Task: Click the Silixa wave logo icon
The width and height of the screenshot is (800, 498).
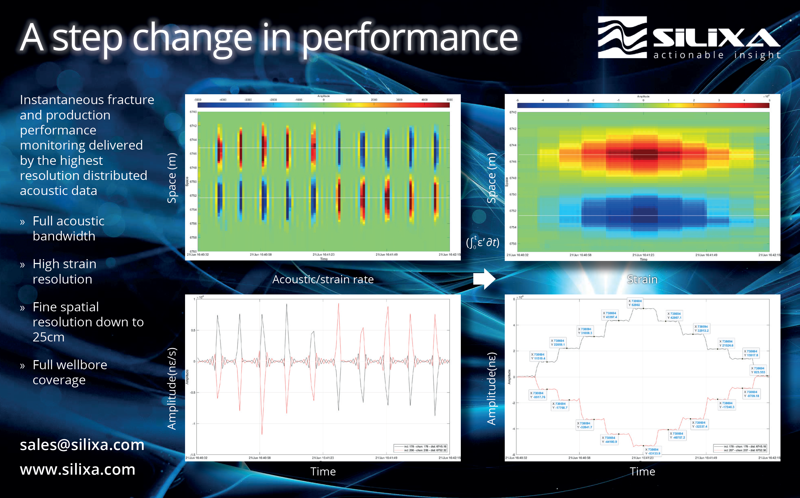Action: [622, 37]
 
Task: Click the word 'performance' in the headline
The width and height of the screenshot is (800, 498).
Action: [410, 38]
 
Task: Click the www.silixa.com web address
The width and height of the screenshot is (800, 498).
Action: [77, 469]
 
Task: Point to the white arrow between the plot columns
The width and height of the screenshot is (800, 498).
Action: [484, 279]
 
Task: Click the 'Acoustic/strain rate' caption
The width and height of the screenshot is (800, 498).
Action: [323, 279]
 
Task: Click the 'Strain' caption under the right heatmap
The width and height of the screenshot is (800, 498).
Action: [642, 279]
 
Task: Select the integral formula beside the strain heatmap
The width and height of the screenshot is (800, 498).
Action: [483, 243]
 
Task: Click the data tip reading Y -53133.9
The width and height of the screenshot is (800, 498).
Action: [653, 451]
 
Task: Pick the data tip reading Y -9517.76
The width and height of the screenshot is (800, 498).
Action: [537, 395]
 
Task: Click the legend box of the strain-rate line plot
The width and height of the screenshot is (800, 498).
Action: [420, 448]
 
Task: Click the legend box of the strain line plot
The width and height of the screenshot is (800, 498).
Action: [740, 448]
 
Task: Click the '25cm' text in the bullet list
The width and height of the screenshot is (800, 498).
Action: [48, 337]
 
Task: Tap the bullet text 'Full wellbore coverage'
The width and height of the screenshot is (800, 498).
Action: [70, 372]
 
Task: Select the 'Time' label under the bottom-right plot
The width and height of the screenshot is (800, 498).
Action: [642, 471]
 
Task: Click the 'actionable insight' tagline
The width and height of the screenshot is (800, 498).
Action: [717, 55]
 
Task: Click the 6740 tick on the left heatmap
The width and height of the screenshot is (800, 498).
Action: [193, 112]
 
